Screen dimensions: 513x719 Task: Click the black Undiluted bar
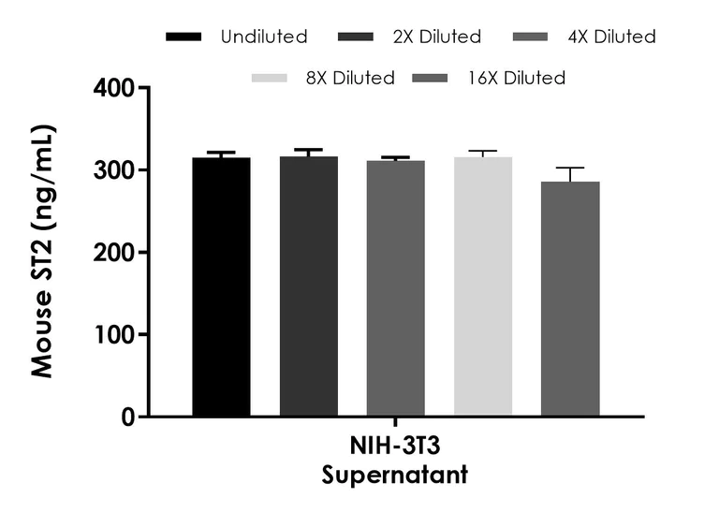[221, 286]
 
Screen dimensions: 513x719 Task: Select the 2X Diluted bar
[308, 286]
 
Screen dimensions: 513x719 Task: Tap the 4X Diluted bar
[395, 287]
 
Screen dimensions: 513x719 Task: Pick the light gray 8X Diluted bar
[483, 286]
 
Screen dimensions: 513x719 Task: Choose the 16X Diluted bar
[570, 298]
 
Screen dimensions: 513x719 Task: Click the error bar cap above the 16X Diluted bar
[570, 168]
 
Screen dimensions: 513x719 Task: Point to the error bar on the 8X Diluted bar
[483, 154]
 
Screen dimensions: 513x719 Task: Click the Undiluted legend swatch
[184, 37]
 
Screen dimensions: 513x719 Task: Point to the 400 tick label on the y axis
[116, 89]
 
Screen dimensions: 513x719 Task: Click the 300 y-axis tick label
[116, 170]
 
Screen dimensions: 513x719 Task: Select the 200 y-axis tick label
[116, 253]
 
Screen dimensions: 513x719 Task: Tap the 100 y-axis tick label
[116, 335]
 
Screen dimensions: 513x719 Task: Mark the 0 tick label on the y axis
[129, 417]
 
